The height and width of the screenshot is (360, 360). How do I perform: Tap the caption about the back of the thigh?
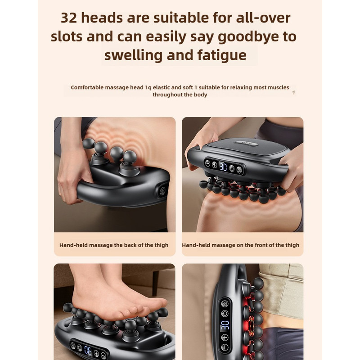(114, 245)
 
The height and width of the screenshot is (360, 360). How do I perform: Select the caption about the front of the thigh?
(240, 245)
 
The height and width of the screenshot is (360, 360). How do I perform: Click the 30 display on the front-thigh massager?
(223, 167)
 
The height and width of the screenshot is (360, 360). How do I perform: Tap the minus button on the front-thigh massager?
(207, 164)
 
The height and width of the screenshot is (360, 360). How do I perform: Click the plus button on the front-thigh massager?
(215, 165)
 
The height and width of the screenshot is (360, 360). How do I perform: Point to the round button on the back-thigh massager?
(161, 189)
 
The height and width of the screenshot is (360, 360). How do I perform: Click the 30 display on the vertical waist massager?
(225, 325)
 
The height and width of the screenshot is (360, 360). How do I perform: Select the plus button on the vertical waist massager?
(225, 337)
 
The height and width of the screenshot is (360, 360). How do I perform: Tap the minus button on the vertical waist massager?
(225, 347)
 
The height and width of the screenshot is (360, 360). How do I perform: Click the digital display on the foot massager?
(88, 350)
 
